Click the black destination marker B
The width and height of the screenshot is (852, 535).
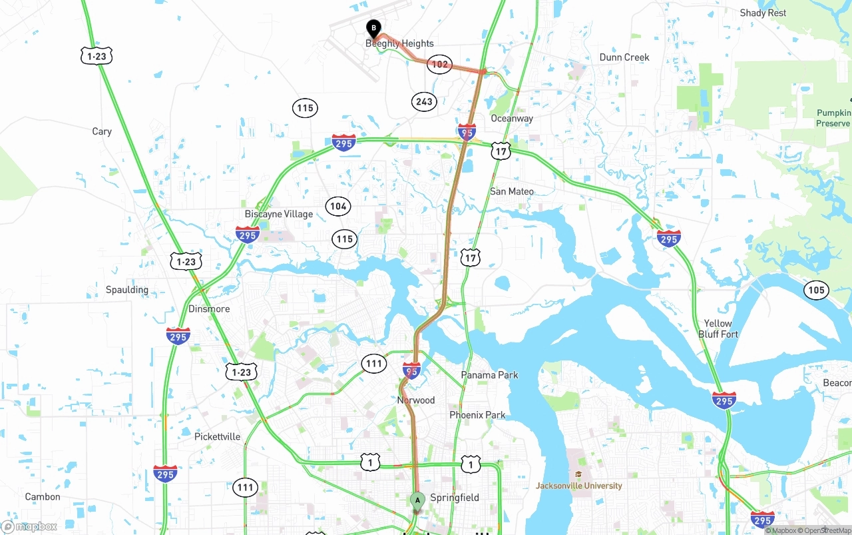coord(374,29)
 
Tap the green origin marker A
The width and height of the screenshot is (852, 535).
coord(417,500)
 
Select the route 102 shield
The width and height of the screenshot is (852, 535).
coord(439,65)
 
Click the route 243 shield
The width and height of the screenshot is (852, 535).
coord(423,102)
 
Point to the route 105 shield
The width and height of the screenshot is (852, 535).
coord(816,289)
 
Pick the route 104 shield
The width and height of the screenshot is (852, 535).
coord(338,206)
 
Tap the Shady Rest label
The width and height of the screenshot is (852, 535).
coord(763,13)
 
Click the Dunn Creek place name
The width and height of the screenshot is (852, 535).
coord(624,57)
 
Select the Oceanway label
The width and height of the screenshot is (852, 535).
coord(512,119)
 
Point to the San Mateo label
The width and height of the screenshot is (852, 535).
coord(512,191)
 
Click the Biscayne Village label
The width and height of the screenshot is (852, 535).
coord(279,214)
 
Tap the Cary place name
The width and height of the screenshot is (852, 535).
coord(102,131)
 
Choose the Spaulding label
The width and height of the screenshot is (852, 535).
coord(127,290)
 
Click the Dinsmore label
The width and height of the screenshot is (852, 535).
coord(209,308)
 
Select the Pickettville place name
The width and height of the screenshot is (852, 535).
coord(218,437)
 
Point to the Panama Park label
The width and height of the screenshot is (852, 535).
coord(489,375)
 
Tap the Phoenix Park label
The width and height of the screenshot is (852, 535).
coord(477,415)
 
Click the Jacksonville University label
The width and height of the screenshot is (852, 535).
coord(579,486)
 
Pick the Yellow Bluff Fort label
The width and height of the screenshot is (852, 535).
coord(718,328)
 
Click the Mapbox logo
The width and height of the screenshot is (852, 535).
coord(29,526)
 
